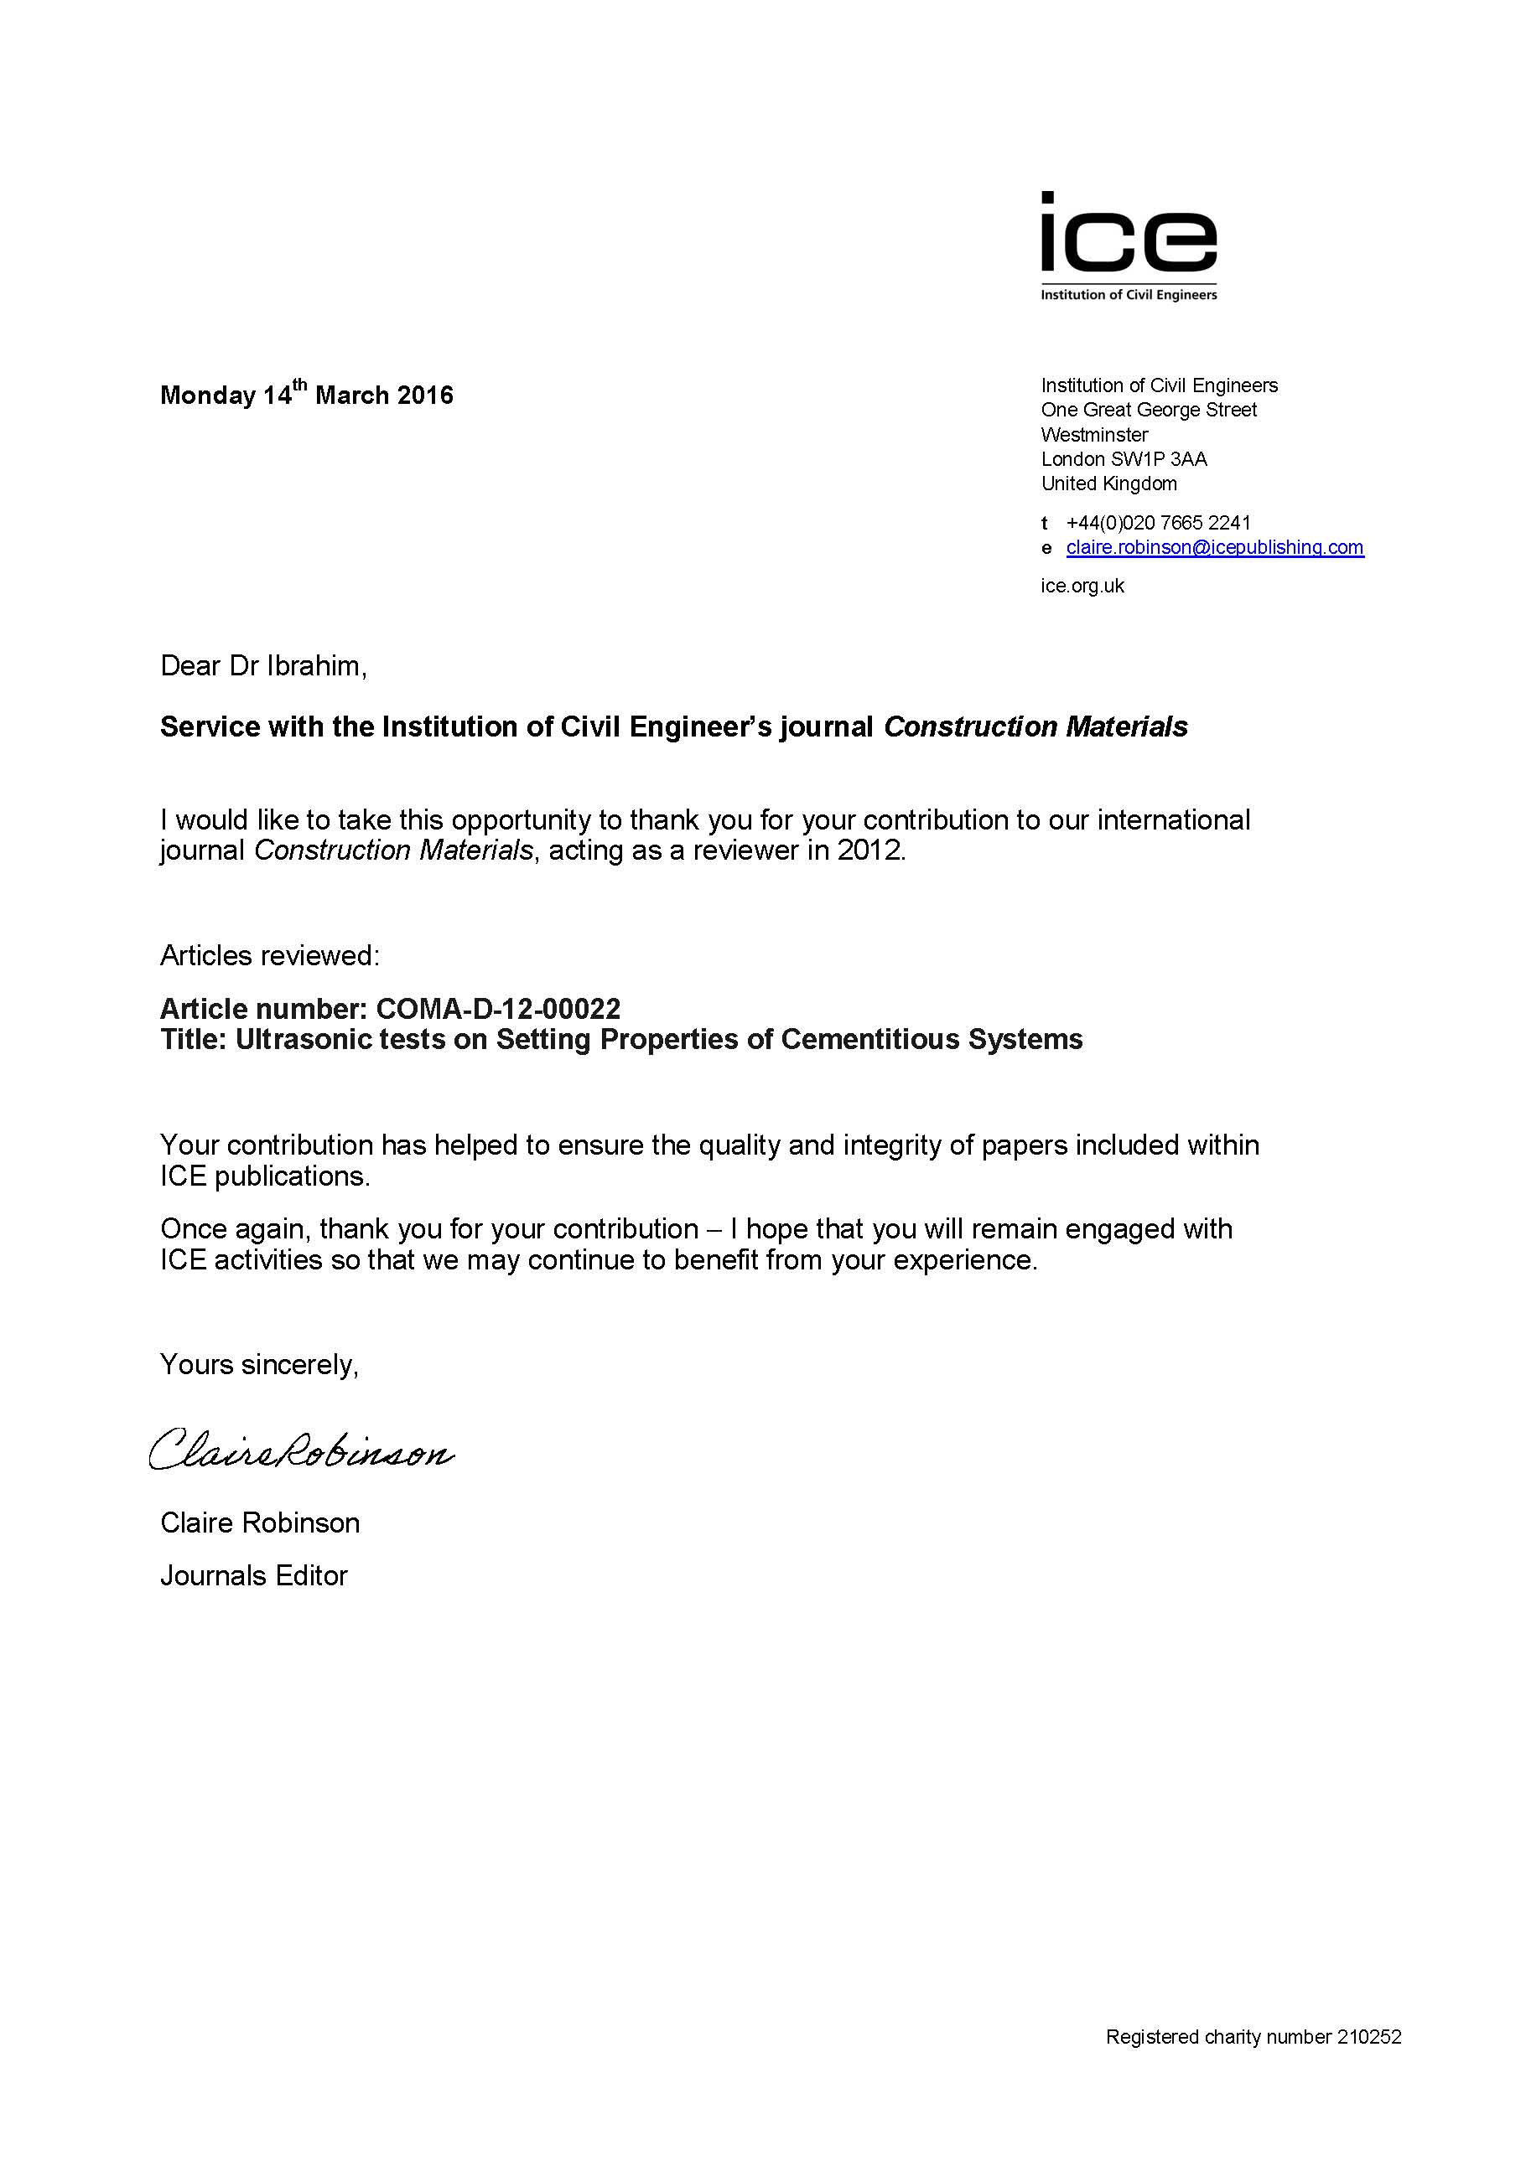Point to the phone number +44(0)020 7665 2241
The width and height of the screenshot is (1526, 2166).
1158,523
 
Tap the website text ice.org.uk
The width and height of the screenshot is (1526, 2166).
1082,586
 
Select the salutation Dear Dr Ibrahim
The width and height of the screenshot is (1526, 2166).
262,666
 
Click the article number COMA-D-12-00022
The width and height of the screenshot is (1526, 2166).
497,1009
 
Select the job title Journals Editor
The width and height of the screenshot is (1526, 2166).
254,1575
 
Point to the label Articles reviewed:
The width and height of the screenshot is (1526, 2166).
269,956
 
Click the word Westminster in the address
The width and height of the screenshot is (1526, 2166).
1094,435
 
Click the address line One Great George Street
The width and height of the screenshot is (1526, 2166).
1149,410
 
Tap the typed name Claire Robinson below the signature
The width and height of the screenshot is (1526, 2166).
260,1522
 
